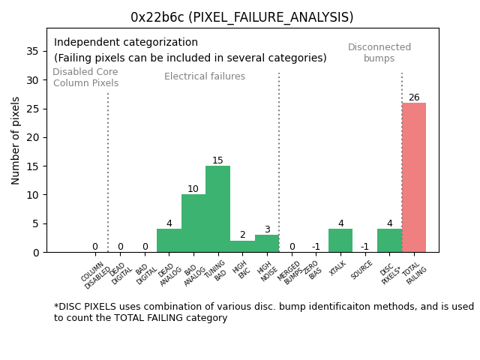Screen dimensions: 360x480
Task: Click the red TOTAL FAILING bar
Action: tap(414, 178)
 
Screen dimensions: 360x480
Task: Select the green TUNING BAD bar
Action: tap(217, 209)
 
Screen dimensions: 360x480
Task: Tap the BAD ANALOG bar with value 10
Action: tap(193, 223)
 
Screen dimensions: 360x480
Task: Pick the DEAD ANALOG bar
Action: tap(169, 241)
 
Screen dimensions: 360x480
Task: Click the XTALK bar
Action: tap(340, 241)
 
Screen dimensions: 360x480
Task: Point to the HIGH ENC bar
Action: tap(242, 247)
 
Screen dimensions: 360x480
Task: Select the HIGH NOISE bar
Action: tap(267, 244)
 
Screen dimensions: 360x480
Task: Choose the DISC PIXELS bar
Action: tap(389, 241)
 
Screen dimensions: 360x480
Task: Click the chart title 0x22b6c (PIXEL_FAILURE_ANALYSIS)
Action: tap(241, 17)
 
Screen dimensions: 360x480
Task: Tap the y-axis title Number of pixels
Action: tap(16, 140)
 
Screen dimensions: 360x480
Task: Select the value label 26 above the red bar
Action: tap(414, 97)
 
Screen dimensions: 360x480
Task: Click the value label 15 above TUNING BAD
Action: tap(217, 160)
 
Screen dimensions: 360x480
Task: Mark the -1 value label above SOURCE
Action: tap(364, 247)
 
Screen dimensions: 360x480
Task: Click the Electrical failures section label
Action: tap(205, 76)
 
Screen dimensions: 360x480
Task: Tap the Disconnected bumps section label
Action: tap(379, 52)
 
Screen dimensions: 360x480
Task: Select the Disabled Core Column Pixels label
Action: tap(85, 77)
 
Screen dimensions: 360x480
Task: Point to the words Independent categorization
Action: tap(126, 43)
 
